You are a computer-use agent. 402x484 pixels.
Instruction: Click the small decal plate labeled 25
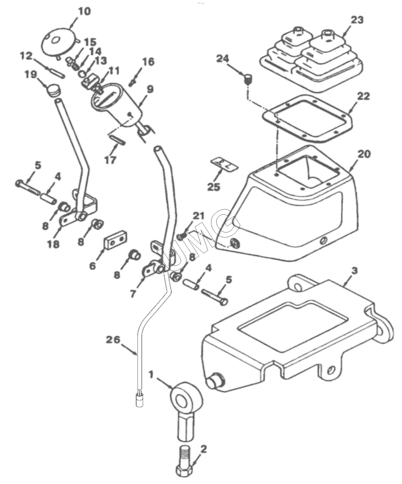click(x=224, y=164)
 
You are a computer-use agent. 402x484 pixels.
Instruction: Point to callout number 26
click(x=113, y=340)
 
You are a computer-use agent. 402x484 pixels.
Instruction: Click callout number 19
click(x=31, y=74)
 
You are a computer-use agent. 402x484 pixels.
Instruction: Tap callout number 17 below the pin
click(x=110, y=160)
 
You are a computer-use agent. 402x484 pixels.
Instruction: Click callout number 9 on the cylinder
click(x=150, y=89)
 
